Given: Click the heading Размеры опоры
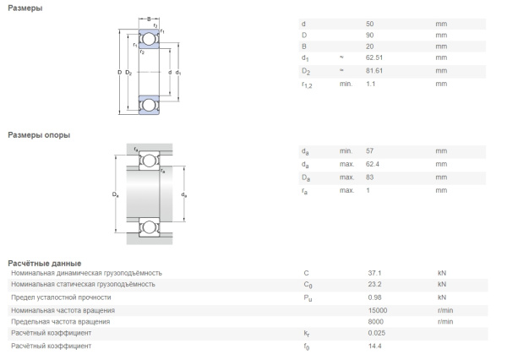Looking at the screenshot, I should point(39,134).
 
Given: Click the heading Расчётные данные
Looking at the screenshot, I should point(44,263).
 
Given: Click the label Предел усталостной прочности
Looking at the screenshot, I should point(61,297).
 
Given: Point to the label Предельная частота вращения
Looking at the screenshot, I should point(60,322).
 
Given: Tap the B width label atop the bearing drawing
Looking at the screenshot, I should point(149,19).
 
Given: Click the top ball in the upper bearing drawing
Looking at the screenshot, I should point(149,39).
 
